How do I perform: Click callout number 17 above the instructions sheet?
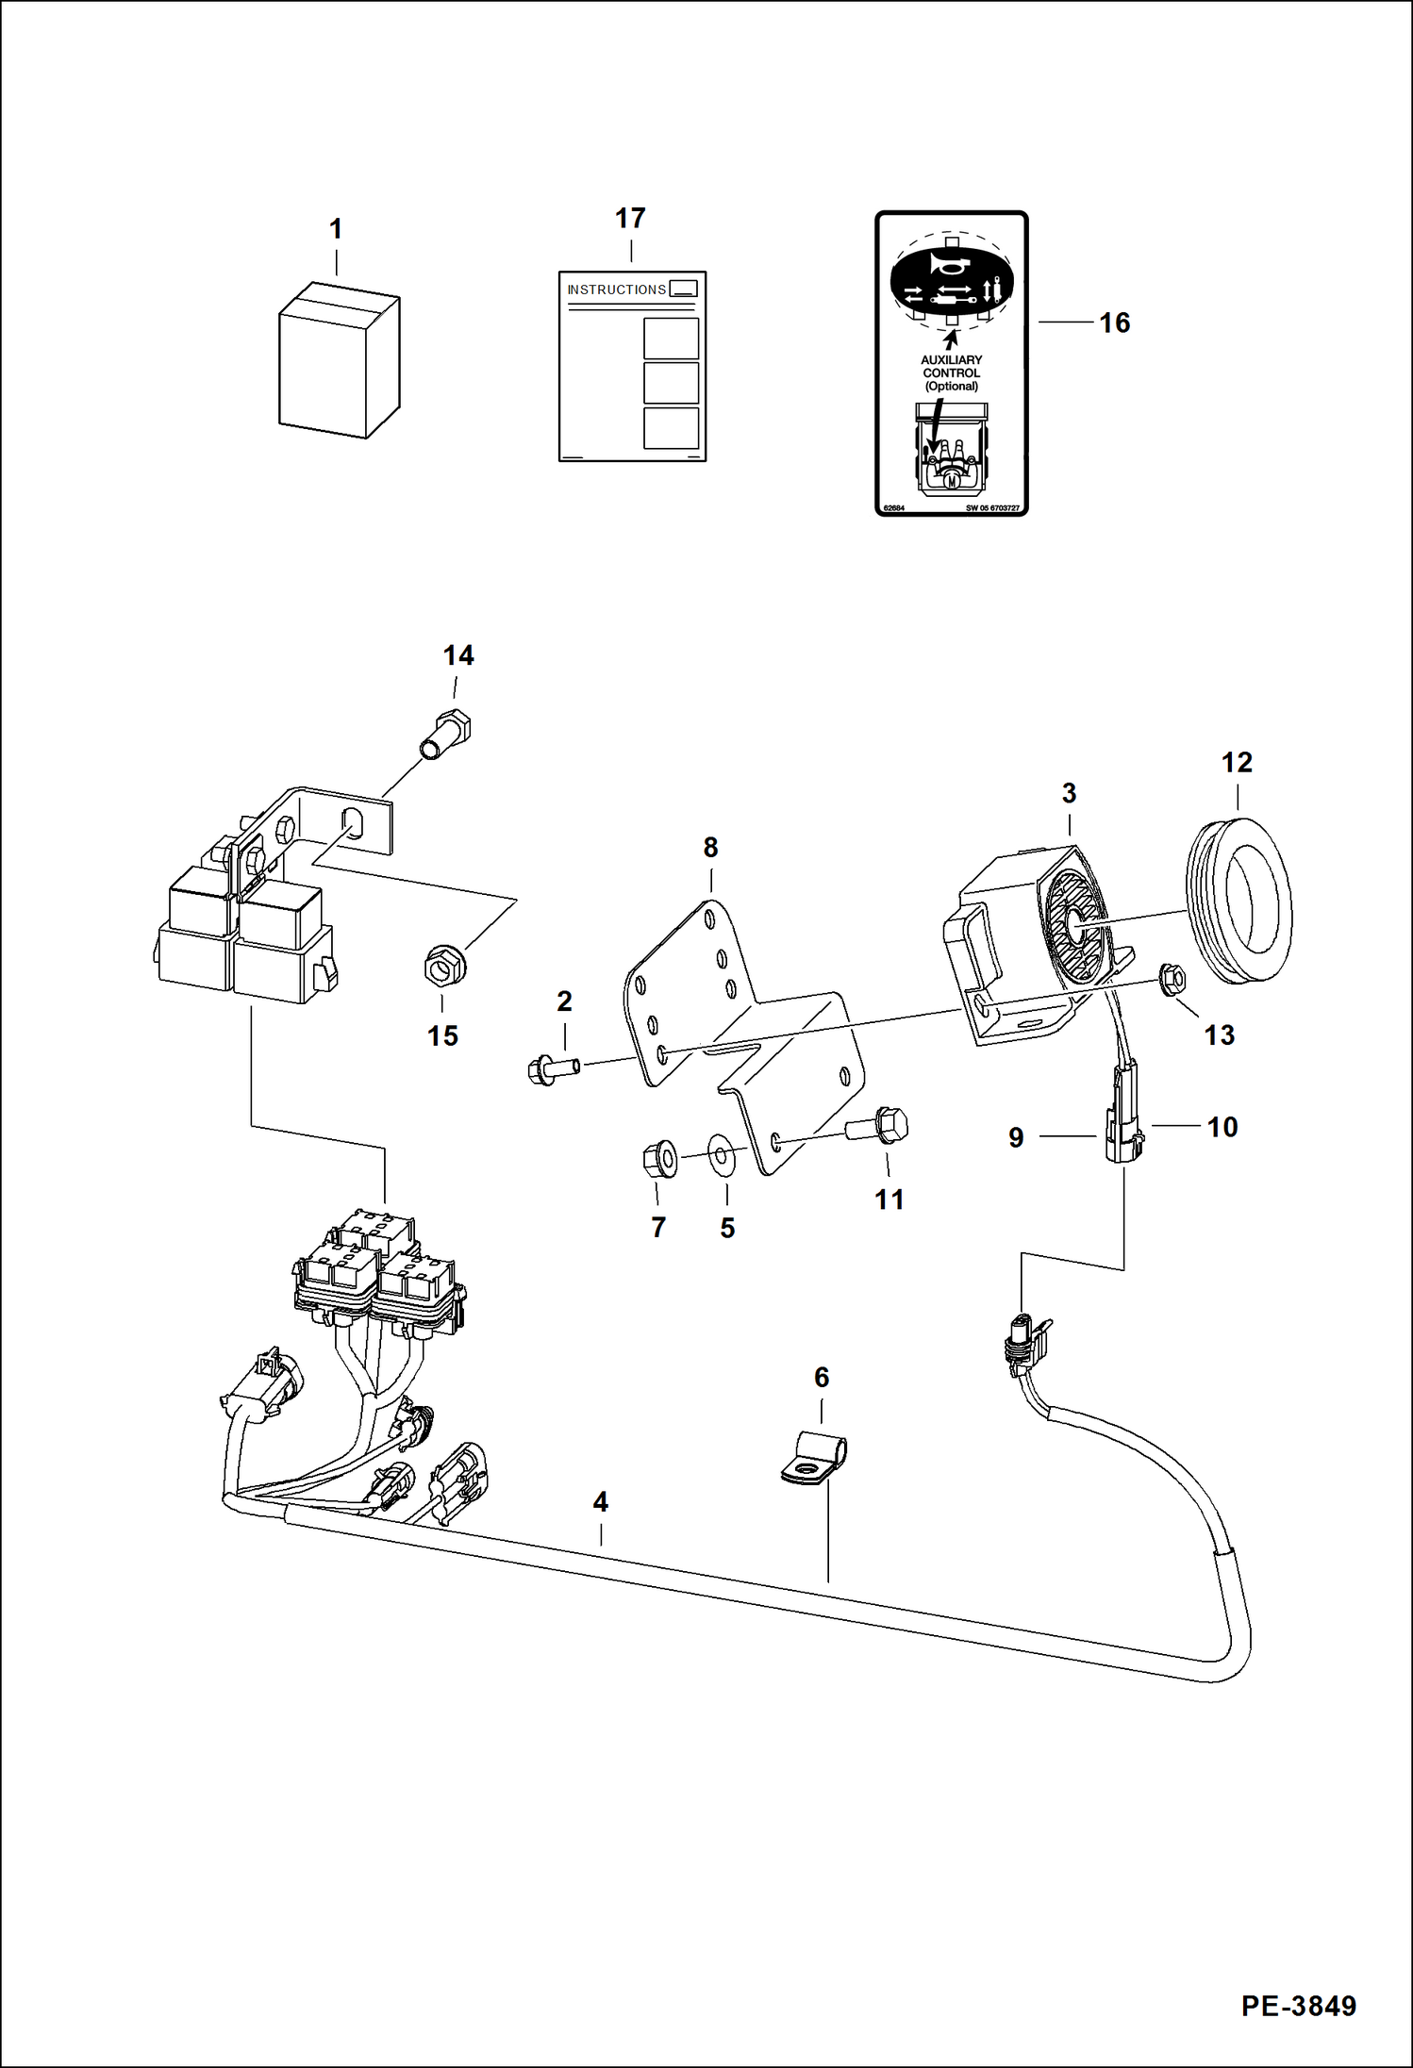[630, 219]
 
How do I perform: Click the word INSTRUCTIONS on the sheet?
[616, 290]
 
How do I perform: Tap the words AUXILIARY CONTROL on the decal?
[951, 367]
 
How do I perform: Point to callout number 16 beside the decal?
[1114, 323]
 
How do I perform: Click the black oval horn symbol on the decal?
[952, 280]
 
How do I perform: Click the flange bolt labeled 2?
[553, 1069]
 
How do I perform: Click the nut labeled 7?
[659, 1159]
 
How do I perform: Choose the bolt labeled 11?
[879, 1126]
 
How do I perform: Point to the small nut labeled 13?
[1172, 980]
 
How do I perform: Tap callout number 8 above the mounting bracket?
[710, 847]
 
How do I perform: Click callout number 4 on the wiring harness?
[600, 1501]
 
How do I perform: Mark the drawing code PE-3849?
[1298, 2005]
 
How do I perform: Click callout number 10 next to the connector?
[1222, 1127]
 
